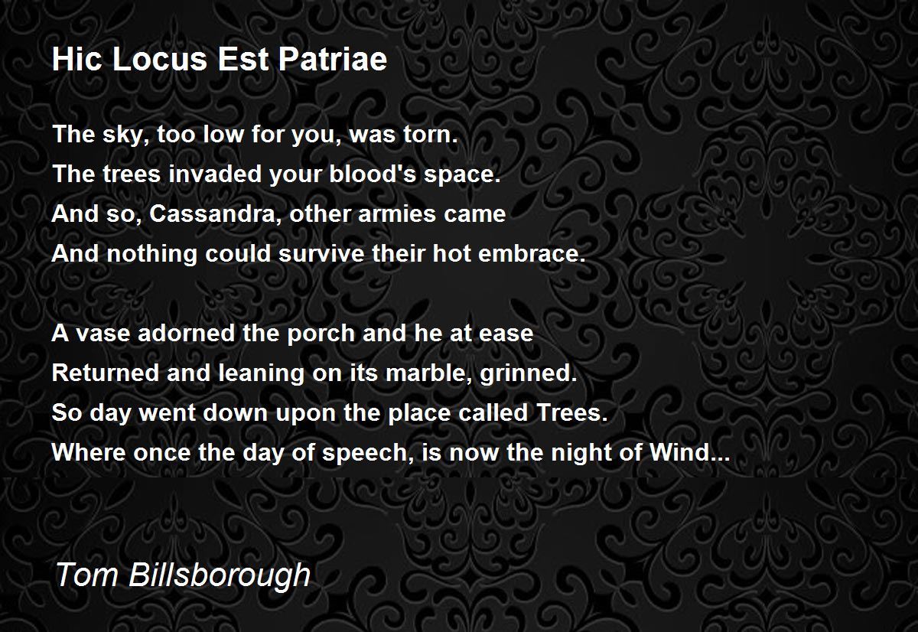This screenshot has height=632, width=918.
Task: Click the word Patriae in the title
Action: [x=333, y=60]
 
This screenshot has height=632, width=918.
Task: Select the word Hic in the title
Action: [x=77, y=60]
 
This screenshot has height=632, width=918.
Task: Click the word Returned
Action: [x=106, y=373]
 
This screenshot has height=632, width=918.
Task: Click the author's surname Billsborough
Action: [x=220, y=575]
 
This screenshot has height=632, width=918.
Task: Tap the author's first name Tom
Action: [x=87, y=575]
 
